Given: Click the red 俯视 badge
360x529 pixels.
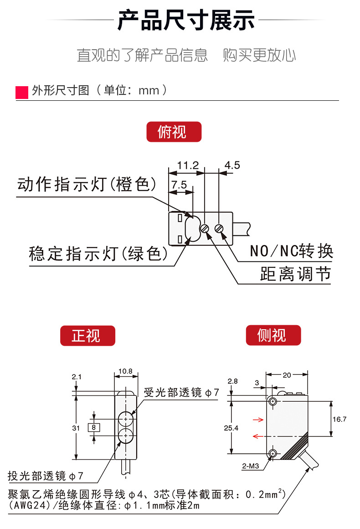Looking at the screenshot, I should click(173, 132).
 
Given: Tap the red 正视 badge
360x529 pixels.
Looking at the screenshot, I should click(87, 336).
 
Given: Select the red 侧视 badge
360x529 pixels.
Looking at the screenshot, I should click(273, 336).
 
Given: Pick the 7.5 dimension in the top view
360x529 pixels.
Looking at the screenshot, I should click(179, 185).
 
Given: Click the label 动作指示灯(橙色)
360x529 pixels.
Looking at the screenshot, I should click(87, 185).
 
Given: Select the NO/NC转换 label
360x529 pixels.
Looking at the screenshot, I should click(292, 251).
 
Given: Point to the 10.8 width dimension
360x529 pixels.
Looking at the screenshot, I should click(125, 371).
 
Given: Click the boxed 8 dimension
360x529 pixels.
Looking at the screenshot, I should click(93, 427).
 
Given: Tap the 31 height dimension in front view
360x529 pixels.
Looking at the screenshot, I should click(76, 428).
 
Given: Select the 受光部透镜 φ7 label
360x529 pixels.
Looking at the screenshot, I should click(181, 392).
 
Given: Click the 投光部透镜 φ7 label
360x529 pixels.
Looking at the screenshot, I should click(46, 476).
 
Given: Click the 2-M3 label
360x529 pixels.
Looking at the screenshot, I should click(251, 466).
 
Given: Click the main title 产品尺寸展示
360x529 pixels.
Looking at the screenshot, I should click(186, 21).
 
